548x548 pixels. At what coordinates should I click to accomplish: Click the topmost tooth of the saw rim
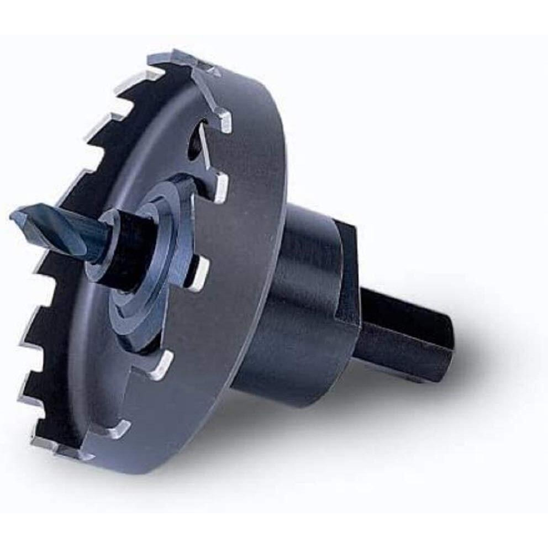(188, 59)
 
